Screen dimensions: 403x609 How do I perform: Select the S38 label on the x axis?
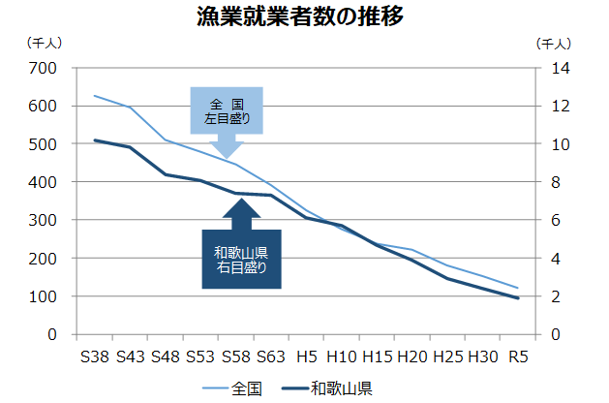94,356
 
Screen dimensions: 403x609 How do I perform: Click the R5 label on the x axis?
518,356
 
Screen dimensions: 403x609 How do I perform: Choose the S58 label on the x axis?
235,356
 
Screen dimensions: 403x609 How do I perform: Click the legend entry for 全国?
232,388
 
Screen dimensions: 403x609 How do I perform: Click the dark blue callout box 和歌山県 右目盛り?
241,260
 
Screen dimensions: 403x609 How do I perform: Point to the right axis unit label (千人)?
553,43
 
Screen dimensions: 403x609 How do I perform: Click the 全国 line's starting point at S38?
94,96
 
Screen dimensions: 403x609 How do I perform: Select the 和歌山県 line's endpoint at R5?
518,298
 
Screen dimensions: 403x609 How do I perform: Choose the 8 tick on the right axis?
548,182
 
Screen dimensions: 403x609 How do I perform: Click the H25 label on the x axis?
447,356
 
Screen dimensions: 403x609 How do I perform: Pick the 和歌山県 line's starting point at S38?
94,140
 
